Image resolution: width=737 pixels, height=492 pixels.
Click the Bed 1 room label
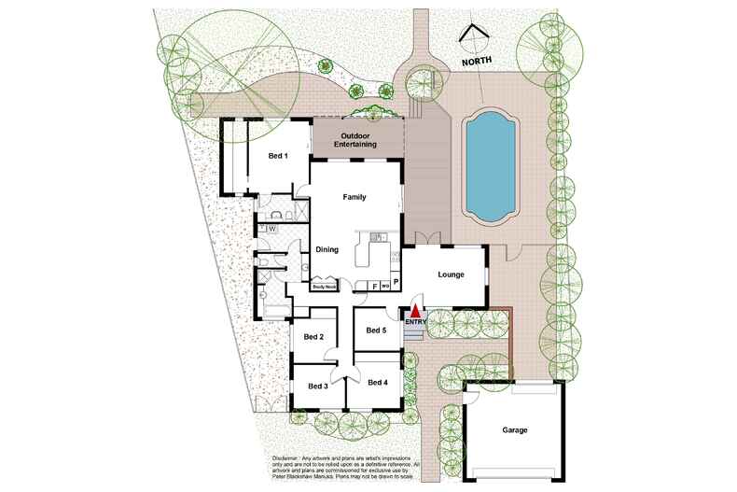click(x=277, y=156)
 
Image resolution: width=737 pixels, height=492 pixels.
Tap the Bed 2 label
click(x=314, y=337)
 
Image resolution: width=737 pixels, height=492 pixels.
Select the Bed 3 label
click(x=318, y=386)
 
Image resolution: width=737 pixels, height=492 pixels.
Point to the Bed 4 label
click(x=377, y=383)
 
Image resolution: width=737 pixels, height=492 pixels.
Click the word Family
click(x=355, y=197)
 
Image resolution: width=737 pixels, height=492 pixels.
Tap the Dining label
click(x=327, y=250)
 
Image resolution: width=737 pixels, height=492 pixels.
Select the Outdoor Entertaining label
click(x=355, y=140)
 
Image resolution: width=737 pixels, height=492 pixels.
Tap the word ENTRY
click(x=416, y=323)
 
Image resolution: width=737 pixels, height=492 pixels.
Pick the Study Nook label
click(x=325, y=288)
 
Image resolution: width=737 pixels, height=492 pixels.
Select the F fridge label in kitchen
click(x=375, y=287)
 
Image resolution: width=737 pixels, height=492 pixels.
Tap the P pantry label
click(x=395, y=281)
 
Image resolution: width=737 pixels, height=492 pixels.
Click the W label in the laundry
click(x=273, y=228)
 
